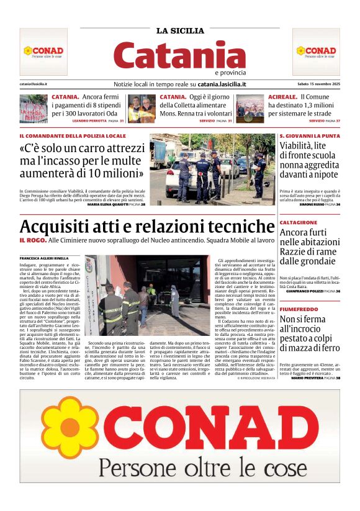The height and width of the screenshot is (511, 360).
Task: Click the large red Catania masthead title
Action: pos(180,55)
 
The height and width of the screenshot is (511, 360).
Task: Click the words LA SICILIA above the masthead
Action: pos(180,30)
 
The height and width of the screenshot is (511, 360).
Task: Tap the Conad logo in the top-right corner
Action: pos(316,52)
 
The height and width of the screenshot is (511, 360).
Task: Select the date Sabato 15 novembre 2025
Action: pos(318,84)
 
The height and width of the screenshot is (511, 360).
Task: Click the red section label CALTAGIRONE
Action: pos(299,222)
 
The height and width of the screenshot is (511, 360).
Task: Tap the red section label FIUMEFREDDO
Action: pos(300,308)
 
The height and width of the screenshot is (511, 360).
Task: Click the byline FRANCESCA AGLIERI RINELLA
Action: pos(44,258)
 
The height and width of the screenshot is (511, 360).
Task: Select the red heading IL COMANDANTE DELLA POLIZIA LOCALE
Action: pos(73,135)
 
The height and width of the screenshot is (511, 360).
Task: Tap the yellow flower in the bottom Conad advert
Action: pos(70,427)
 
